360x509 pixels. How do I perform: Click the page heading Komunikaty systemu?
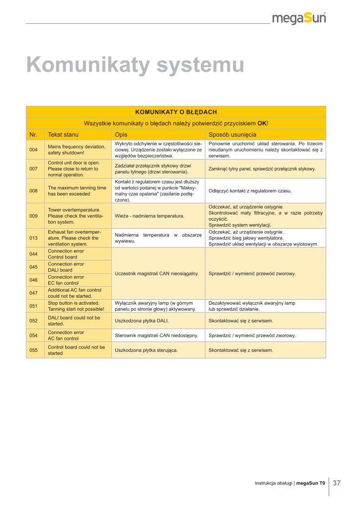pos(135,66)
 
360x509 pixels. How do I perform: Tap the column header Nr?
pos(34,135)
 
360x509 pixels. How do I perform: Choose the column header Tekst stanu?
pos(63,135)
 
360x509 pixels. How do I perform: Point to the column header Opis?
pos(121,135)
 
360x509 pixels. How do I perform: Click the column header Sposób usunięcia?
pos(232,135)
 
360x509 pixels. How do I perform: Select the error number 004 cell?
pos(34,150)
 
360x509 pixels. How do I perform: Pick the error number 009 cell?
pos(34,216)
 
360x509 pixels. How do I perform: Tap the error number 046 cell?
pos(34,280)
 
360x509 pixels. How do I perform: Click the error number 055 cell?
pos(34,350)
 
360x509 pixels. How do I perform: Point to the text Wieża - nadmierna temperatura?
pos(150,216)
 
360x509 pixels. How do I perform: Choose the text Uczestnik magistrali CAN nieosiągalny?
pos(157,273)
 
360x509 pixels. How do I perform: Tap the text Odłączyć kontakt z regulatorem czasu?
pos(250,191)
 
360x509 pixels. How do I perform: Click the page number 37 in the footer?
pos(337,483)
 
